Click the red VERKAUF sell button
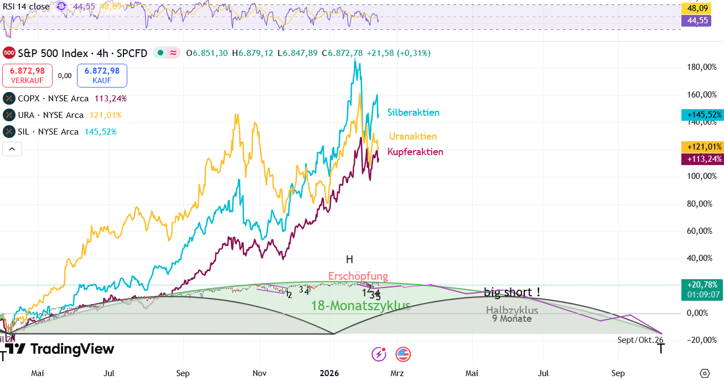point(27,75)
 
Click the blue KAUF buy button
point(102,75)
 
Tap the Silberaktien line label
point(413,112)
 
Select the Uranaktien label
point(412,136)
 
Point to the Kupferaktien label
point(415,152)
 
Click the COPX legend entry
point(65,99)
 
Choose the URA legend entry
point(62,115)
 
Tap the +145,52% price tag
point(702,115)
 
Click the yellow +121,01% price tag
point(702,147)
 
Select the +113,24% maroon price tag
point(702,159)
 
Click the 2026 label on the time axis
point(329,373)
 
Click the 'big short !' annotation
point(512,292)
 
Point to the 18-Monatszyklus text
point(360,305)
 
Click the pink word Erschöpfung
point(358,276)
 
